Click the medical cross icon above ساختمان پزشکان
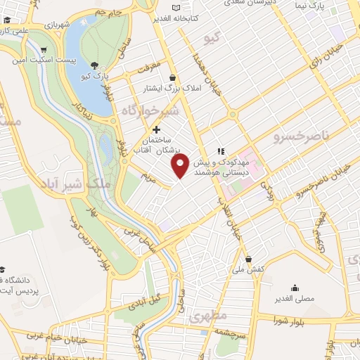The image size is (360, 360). [x=156, y=129]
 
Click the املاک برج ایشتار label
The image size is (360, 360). [x=168, y=88]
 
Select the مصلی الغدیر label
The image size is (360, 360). [x=293, y=299]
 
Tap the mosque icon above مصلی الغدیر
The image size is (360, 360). [x=294, y=288]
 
